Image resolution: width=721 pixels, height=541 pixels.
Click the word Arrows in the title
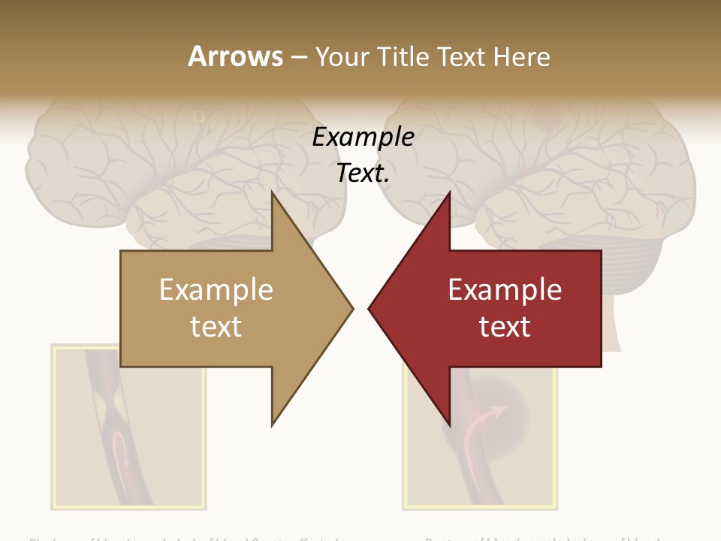[235, 56]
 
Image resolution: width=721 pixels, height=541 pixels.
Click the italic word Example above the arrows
[363, 138]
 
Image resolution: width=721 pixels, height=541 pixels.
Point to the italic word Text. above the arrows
[363, 173]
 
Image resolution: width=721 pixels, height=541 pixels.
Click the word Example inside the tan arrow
[216, 290]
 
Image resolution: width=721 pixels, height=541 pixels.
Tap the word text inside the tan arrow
[216, 327]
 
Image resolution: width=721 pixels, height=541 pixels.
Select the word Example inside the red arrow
[505, 290]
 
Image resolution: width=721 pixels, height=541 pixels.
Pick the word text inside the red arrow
[505, 327]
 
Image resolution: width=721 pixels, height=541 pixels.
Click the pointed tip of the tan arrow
[351, 307]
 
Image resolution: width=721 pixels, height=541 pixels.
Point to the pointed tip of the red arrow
[371, 307]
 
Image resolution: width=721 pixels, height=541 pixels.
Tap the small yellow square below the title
[198, 116]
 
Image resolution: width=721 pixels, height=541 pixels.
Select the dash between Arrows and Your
[299, 57]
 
